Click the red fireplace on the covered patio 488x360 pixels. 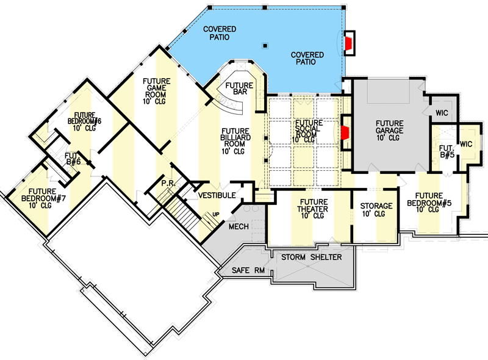tap(349, 43)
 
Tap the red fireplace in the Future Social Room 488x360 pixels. tap(345, 133)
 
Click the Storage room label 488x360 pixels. tap(376, 210)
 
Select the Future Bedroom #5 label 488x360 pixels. tap(425, 201)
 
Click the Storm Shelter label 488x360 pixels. tap(311, 257)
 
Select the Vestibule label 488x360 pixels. tap(217, 195)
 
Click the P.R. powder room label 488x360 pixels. tap(169, 183)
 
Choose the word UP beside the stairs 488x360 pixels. tap(215, 214)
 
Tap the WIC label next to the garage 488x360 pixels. tap(442, 113)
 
